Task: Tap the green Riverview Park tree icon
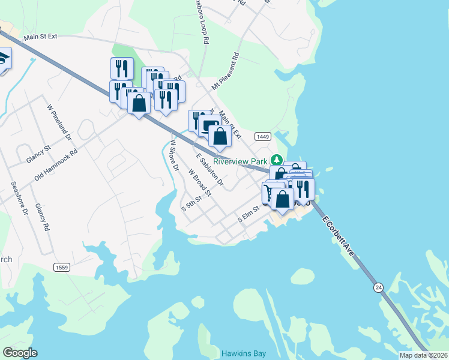pyautogui.click(x=276, y=160)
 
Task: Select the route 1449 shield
pyautogui.click(x=262, y=137)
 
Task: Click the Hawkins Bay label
pyautogui.click(x=243, y=353)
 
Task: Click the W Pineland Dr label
pyautogui.click(x=59, y=122)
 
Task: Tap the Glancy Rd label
pyautogui.click(x=41, y=217)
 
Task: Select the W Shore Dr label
pyautogui.click(x=174, y=155)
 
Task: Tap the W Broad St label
pyautogui.click(x=200, y=182)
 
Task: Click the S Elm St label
pyautogui.click(x=247, y=214)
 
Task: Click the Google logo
pyautogui.click(x=20, y=353)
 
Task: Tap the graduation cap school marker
pyautogui.click(x=3, y=60)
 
